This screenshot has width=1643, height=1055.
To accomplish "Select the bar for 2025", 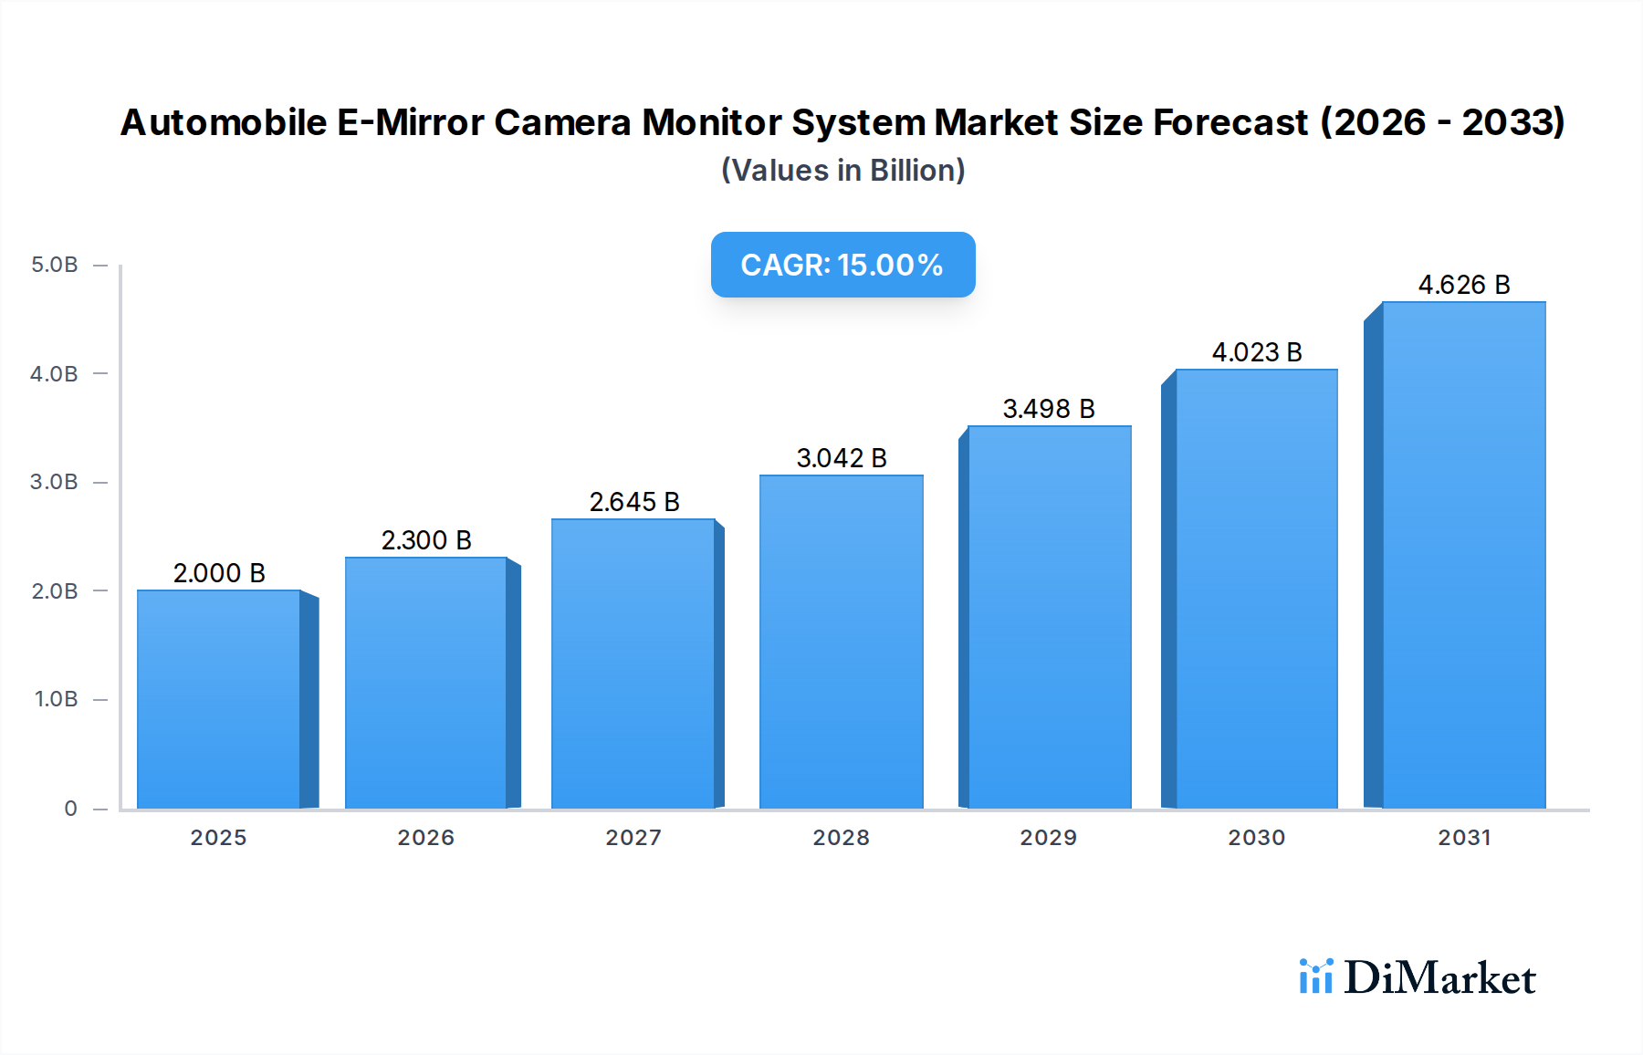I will (x=219, y=699).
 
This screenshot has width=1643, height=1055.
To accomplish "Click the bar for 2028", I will (x=841, y=642).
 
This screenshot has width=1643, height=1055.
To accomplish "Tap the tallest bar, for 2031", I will (x=1463, y=555).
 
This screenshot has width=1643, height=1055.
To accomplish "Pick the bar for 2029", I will (x=1049, y=617).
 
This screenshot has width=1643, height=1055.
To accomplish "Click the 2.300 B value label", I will (x=426, y=540).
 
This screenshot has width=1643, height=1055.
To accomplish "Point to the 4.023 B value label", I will (x=1256, y=352).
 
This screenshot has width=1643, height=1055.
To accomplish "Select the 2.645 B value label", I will (x=634, y=502).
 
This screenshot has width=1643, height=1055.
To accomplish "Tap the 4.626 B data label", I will (x=1463, y=285).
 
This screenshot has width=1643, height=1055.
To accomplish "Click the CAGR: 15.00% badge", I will (x=842, y=265).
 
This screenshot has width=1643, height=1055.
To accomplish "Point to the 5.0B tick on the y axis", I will (x=55, y=265).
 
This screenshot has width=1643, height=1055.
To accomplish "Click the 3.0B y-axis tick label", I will (x=55, y=482).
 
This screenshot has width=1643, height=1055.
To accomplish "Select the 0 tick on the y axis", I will (x=70, y=809).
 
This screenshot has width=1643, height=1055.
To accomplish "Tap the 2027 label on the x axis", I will (x=633, y=838).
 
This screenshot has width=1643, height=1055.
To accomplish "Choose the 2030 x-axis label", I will (x=1256, y=838).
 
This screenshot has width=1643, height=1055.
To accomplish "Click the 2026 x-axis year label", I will (x=425, y=838).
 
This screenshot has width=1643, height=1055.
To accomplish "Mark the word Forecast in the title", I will (x=1230, y=122).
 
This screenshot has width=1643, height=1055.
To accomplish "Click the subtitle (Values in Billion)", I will (x=842, y=171).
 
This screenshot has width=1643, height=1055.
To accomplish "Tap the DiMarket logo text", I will (x=1439, y=978).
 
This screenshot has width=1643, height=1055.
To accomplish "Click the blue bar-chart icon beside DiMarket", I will (x=1315, y=977).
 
